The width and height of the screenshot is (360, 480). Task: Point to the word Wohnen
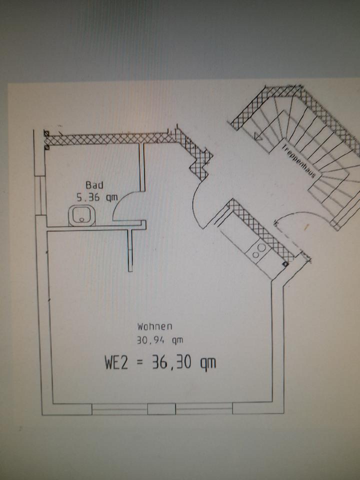(155, 326)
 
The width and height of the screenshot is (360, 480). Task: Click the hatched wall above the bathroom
(110, 138)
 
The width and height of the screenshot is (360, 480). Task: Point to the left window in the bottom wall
(119, 409)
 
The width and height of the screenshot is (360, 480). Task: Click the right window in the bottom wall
(204, 409)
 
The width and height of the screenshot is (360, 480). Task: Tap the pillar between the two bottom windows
(161, 409)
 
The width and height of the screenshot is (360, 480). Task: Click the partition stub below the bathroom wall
(130, 250)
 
